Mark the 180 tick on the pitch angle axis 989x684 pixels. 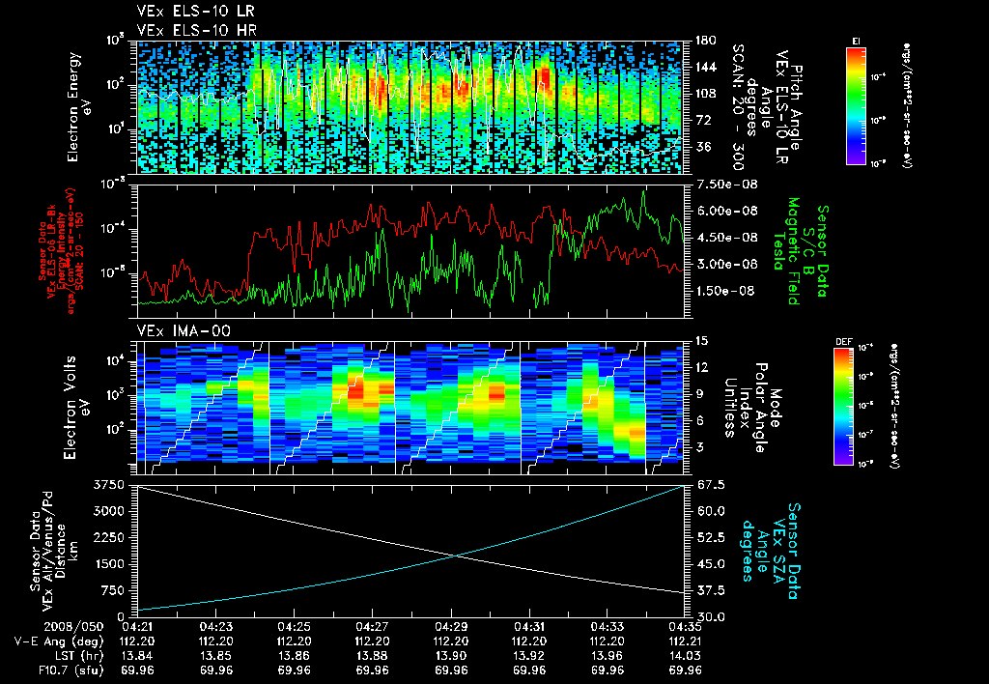[704, 41]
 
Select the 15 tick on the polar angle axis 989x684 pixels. [701, 341]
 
